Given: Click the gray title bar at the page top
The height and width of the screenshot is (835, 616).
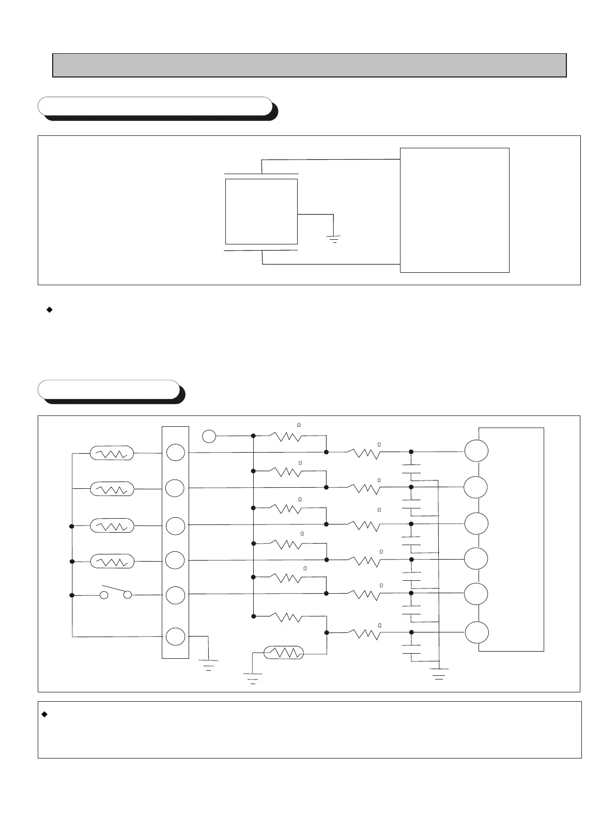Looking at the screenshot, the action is [310, 65].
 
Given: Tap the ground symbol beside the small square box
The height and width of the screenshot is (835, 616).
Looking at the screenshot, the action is [334, 238].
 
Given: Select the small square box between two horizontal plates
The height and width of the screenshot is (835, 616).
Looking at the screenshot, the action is [261, 211].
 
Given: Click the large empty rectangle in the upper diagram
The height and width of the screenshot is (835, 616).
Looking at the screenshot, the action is [455, 210].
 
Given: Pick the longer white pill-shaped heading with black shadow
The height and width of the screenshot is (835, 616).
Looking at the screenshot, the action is [155, 106].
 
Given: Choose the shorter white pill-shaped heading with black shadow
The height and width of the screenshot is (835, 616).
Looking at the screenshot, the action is [109, 390].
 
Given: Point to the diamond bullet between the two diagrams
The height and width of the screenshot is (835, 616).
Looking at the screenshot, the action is [50, 310].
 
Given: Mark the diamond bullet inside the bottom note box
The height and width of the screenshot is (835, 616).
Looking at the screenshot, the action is [44, 714].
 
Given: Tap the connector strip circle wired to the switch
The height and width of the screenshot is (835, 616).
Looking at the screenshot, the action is [175, 595].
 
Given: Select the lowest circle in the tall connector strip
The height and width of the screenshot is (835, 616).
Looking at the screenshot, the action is [175, 636].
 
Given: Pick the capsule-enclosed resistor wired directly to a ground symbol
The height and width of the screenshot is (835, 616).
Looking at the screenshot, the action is [283, 653].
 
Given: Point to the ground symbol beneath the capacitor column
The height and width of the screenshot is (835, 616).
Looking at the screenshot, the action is [439, 673].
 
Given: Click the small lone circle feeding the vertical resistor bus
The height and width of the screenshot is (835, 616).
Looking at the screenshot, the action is [209, 436].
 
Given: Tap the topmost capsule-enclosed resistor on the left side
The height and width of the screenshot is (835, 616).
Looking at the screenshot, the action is [112, 454].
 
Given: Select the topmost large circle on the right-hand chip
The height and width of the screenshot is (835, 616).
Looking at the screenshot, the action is [476, 451].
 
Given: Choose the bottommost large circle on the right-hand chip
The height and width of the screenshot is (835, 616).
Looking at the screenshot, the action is [476, 633].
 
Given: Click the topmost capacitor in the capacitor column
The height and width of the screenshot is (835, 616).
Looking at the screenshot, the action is [411, 469].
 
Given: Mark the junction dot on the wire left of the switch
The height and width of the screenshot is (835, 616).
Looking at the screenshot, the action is [72, 595].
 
